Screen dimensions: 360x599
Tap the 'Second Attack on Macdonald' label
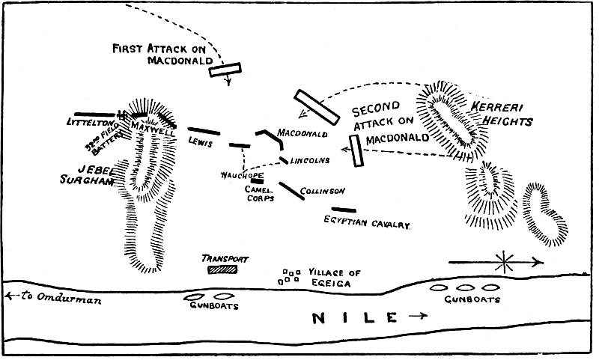pyautogui.click(x=390, y=123)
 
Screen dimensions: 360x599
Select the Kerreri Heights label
pyautogui.click(x=501, y=114)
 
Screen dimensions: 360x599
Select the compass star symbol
pyautogui.click(x=505, y=261)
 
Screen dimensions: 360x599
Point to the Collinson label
pyautogui.click(x=321, y=191)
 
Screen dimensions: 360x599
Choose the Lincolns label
pyautogui.click(x=309, y=160)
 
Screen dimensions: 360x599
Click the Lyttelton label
pyautogui.click(x=88, y=121)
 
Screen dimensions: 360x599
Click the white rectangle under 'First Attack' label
pyautogui.click(x=225, y=70)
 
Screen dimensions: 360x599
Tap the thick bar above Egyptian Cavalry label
pyautogui.click(x=344, y=210)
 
